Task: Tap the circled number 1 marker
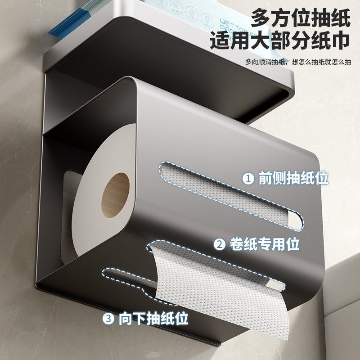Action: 248,179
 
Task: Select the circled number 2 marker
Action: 220,245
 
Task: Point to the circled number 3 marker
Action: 109,319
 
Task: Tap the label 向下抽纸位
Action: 153,319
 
